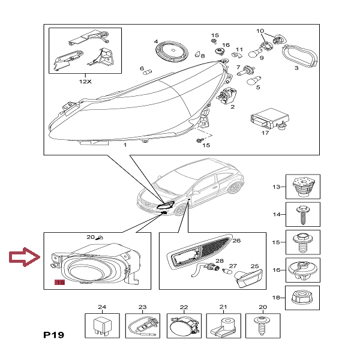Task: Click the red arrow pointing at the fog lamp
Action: (25, 259)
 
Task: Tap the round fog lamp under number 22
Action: (182, 328)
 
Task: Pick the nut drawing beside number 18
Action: (302, 298)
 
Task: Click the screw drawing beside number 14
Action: (302, 214)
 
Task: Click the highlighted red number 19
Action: (59, 282)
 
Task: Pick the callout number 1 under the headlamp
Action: (124, 146)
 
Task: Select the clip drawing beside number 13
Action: (302, 186)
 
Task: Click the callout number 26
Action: (236, 241)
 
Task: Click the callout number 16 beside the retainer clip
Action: (226, 45)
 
